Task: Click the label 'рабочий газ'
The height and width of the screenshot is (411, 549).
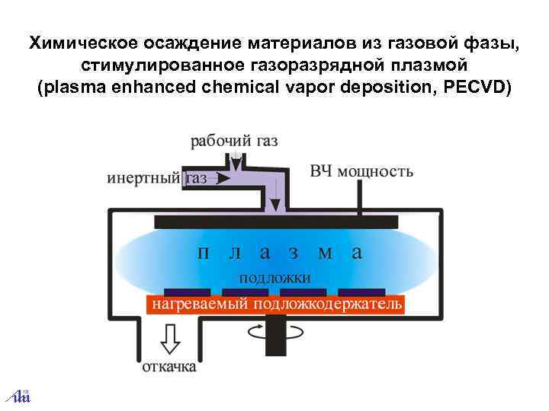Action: coord(234,141)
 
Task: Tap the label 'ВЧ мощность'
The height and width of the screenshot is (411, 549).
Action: coord(361,170)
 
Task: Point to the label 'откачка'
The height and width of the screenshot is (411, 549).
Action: coord(169,366)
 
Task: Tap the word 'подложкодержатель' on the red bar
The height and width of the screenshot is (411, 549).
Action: coord(328,305)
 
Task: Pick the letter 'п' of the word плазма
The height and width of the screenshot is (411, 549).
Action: coord(203,252)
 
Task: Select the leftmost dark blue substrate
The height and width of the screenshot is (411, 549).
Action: coord(186,292)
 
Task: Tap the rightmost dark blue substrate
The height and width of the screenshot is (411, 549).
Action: coord(361,292)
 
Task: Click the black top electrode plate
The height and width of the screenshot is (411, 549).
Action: coord(276,221)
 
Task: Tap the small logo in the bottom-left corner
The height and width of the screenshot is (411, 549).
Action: coord(18,395)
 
